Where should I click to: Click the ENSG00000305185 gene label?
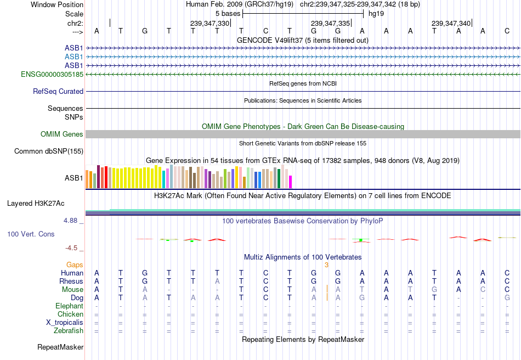[52, 74]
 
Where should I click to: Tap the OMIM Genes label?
[62, 134]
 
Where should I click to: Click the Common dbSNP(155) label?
[49, 151]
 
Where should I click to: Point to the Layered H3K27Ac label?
[36, 204]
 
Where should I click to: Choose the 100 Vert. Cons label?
[31, 234]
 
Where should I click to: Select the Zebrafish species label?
[69, 331]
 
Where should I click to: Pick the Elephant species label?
[69, 306]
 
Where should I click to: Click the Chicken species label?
[70, 314]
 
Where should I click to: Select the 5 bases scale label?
[228, 13]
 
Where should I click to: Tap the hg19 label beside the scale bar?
[376, 13]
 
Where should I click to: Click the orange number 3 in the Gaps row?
[326, 265]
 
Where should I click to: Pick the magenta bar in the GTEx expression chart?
[291, 182]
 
